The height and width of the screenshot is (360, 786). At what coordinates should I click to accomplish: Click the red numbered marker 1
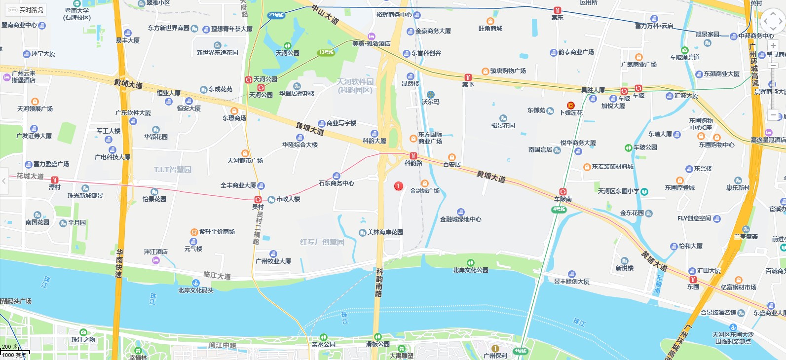[399, 186]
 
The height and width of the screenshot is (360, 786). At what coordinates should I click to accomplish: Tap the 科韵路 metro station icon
[413, 156]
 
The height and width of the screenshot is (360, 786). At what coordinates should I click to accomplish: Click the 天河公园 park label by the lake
[288, 53]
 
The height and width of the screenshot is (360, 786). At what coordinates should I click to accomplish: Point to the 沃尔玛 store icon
[430, 94]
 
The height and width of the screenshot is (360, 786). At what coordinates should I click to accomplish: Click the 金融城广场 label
[425, 190]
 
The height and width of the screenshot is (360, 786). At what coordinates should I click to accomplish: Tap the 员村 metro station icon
[258, 199]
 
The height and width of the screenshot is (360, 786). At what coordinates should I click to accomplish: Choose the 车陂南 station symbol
[562, 192]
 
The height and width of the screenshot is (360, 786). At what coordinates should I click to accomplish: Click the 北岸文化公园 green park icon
[471, 262]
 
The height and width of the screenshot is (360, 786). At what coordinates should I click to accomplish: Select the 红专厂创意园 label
[322, 242]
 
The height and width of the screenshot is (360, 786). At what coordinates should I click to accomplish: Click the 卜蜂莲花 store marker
[571, 106]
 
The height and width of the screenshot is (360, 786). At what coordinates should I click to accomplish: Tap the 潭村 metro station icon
[54, 180]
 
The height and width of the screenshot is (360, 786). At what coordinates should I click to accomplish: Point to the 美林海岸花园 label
[385, 232]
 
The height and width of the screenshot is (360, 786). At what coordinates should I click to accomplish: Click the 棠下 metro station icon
[468, 77]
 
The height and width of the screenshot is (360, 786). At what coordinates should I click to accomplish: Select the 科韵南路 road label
[379, 282]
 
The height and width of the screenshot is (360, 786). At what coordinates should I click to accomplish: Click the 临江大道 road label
[217, 275]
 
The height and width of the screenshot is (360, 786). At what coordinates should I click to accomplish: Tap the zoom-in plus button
[773, 45]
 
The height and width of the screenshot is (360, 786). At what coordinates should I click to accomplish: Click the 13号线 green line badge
[326, 52]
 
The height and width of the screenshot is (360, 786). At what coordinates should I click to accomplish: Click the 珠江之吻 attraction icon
[83, 332]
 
